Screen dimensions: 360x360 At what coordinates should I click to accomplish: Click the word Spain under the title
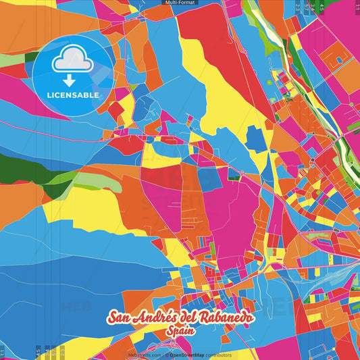point(180,333)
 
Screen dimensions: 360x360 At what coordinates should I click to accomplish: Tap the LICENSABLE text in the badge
point(72,95)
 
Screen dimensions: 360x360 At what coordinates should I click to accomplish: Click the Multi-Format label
point(180,3)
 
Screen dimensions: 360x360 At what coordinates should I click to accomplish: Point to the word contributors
point(217,355)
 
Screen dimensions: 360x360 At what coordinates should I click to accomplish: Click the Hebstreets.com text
point(144,355)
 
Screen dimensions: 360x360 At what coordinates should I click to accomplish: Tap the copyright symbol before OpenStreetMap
point(165,355)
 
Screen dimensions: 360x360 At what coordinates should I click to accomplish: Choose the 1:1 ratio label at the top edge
point(357,7)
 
